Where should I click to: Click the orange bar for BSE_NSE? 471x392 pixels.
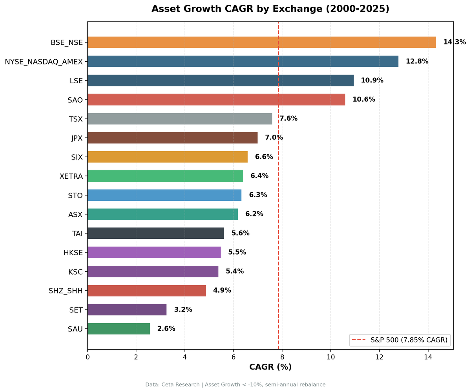[261, 42]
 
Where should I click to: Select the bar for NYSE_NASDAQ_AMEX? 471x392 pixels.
[243, 61]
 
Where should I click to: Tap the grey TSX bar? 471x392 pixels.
[179, 119]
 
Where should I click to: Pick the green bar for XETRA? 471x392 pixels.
[165, 176]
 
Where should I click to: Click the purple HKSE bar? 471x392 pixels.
[154, 252]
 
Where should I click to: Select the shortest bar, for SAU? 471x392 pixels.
[119, 329]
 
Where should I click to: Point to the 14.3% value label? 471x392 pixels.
[455, 42]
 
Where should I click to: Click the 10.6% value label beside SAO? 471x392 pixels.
[363, 99]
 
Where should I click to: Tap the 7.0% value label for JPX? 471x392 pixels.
[274, 137]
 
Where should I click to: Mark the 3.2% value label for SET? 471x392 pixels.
[183, 310]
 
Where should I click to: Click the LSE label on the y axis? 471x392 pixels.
[76, 81]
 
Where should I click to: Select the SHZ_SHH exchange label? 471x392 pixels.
[66, 291]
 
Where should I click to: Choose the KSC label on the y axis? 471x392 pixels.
[75, 271]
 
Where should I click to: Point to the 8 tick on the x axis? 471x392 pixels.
[282, 357]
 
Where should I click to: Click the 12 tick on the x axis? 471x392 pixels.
[379, 357]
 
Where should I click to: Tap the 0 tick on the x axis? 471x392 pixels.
[88, 357]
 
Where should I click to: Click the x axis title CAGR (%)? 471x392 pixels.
[270, 367]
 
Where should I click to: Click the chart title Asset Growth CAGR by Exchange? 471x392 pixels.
[270, 9]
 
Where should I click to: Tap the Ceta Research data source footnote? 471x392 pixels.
[235, 385]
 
